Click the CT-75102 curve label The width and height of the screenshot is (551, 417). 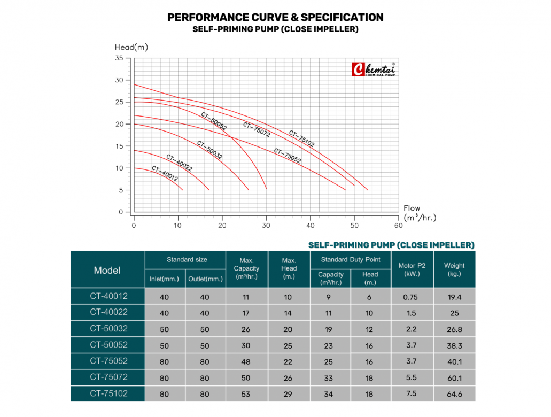302,138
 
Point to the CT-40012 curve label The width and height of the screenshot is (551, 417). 165,174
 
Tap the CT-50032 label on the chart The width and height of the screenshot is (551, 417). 209,150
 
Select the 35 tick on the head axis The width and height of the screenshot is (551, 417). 119,58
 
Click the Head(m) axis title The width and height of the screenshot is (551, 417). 131,47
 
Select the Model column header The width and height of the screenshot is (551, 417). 107,270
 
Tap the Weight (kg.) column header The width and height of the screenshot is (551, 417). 454,269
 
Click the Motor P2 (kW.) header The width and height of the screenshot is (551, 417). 412,269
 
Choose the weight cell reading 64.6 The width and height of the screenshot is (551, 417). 454,394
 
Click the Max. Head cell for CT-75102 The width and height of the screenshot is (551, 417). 289,394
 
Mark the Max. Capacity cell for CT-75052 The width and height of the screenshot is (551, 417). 246,361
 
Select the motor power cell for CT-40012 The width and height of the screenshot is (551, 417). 412,296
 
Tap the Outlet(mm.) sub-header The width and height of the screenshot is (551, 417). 205,279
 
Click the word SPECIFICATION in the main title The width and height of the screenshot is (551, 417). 337,17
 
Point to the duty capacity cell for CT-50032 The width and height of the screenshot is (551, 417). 331,329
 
